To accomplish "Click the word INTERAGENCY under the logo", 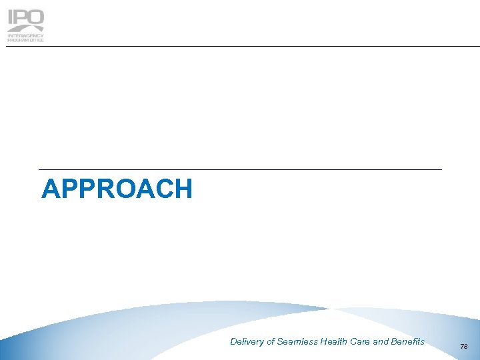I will [25, 36].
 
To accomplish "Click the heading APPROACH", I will [117, 189].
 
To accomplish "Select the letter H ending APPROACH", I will [183, 189].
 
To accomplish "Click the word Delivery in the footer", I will [247, 342].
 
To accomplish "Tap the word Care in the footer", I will [361, 342].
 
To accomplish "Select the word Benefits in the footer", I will [408, 342].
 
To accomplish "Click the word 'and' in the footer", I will [381, 342].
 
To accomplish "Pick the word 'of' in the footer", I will [271, 342].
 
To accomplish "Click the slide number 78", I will [464, 347].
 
